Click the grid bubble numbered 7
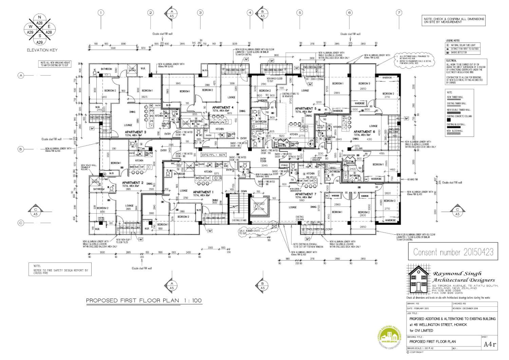[399, 13]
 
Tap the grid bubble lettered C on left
[21, 223]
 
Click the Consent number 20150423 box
[453, 252]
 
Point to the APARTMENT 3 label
[135, 132]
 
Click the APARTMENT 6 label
[364, 132]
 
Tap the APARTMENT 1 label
[203, 192]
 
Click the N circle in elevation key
[39, 17]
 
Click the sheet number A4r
[489, 344]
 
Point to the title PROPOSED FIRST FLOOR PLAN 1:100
[144, 301]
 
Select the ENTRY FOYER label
[263, 160]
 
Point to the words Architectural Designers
[464, 280]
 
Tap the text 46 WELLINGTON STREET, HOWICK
[438, 325]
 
